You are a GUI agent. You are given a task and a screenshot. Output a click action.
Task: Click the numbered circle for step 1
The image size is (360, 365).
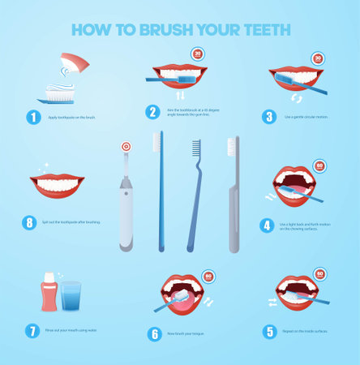[x=32, y=116]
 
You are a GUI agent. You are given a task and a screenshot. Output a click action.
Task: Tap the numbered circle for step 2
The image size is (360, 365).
[x=152, y=113]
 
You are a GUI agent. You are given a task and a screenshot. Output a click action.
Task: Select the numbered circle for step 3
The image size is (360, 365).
[x=269, y=116]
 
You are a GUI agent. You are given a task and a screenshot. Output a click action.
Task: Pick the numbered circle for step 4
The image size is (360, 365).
[x=266, y=225]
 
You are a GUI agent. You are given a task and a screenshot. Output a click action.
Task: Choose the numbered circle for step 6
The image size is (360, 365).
[x=154, y=333]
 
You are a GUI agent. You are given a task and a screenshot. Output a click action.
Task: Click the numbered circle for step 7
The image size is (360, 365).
[x=32, y=331]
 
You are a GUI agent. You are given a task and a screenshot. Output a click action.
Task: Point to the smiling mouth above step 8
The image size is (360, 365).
[x=58, y=185]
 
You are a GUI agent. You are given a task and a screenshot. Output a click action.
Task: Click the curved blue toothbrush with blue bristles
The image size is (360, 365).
[x=194, y=195]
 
